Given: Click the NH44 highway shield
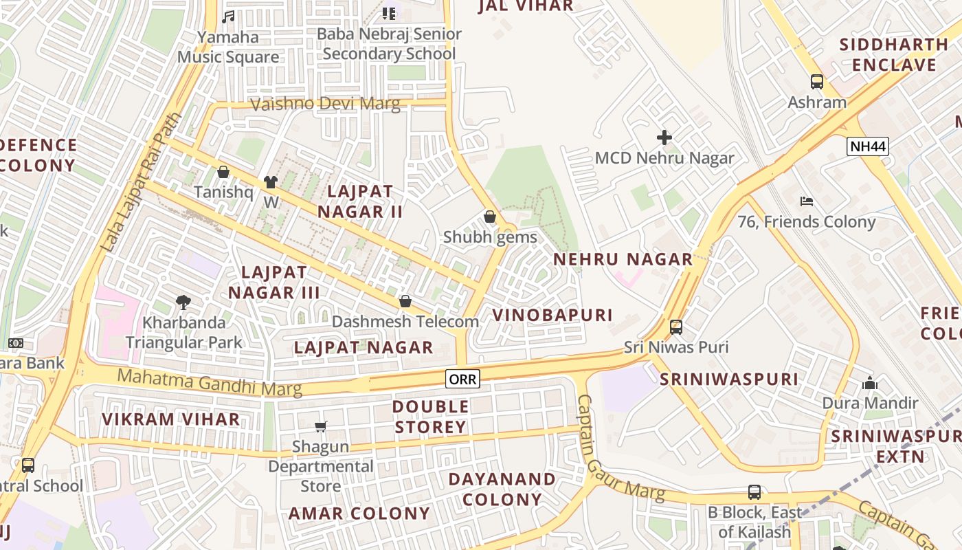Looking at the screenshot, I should [868, 146].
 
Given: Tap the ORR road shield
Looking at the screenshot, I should [462, 378].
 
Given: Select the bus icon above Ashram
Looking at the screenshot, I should [817, 82].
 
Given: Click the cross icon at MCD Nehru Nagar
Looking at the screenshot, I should [664, 137].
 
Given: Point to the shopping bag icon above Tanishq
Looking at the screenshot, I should [223, 172].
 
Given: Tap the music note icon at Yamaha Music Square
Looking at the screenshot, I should [228, 16].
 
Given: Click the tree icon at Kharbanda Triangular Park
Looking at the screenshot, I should [183, 302].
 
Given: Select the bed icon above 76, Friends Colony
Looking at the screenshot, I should [807, 201].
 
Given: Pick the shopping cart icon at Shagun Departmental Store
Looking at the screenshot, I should [320, 427].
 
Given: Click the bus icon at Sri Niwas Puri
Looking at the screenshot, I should [676, 327].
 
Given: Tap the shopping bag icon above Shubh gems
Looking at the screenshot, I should [490, 217].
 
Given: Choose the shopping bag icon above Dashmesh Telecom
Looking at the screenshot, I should [405, 301].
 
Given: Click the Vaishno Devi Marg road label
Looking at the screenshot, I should [325, 104].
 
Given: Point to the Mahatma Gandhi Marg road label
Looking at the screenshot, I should [210, 382].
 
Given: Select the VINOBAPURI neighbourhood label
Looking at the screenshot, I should [552, 316].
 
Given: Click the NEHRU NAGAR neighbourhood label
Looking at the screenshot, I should [623, 259].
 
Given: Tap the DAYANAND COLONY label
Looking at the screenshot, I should [502, 489].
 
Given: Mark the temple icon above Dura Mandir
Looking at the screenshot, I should [870, 383].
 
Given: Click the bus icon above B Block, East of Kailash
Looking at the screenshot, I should [754, 492].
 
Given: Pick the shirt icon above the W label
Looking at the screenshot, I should [271, 182].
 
